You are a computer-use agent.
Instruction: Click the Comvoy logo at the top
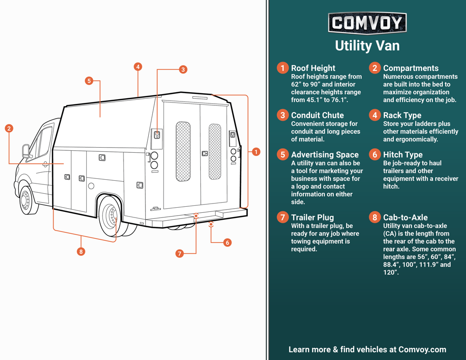click(x=367, y=23)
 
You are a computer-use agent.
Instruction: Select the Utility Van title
click(x=367, y=46)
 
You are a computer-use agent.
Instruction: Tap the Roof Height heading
click(x=313, y=68)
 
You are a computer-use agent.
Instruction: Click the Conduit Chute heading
click(x=317, y=115)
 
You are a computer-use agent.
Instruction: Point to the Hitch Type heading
click(x=403, y=155)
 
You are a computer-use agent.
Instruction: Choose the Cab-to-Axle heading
click(x=405, y=217)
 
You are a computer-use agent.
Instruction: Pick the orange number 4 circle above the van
click(x=137, y=67)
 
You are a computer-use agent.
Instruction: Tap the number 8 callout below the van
click(x=81, y=251)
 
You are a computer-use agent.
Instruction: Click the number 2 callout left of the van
click(x=9, y=129)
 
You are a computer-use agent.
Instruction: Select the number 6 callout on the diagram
click(x=227, y=242)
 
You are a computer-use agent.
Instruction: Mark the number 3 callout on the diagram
click(x=183, y=69)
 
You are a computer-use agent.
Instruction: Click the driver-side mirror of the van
click(x=26, y=151)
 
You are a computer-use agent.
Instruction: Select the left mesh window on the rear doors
click(x=183, y=151)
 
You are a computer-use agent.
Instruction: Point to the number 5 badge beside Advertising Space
click(x=282, y=155)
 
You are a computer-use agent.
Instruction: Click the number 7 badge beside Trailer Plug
click(x=282, y=217)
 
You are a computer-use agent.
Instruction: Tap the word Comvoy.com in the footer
click(x=422, y=349)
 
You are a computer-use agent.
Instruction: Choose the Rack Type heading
click(x=402, y=115)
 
